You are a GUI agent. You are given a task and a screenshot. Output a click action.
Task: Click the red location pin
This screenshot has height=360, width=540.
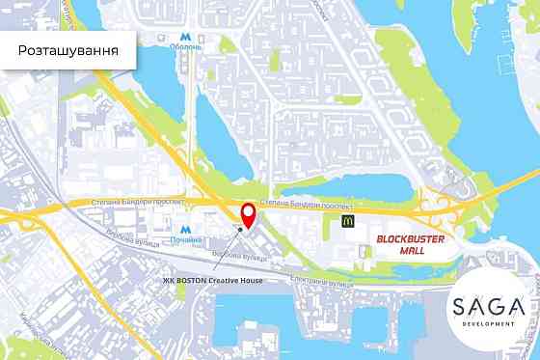click(x=247, y=215)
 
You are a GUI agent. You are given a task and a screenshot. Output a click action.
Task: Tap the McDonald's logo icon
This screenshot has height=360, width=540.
click(x=349, y=221)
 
